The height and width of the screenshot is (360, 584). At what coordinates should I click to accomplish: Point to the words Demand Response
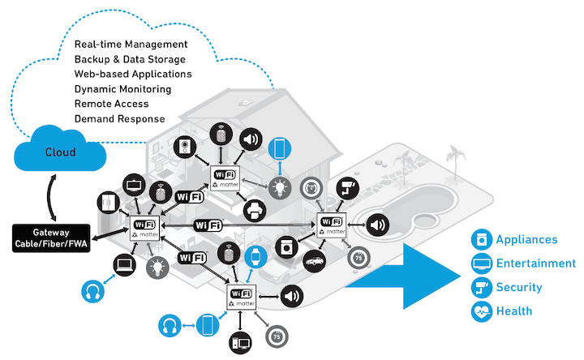(119, 119)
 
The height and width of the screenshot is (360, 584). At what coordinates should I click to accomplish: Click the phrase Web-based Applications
(132, 74)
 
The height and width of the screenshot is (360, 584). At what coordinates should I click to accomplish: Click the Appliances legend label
(526, 240)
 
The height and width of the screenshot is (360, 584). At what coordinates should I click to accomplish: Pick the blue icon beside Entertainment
(482, 263)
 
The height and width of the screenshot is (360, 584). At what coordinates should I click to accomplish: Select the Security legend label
(519, 286)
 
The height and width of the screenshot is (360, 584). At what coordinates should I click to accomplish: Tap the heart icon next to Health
(482, 310)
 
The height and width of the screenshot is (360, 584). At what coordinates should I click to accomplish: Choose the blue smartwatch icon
(255, 257)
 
